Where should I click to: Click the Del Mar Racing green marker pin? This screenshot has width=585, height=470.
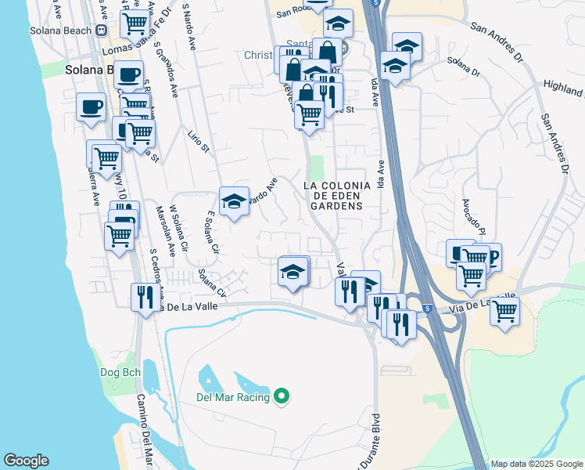(283, 397)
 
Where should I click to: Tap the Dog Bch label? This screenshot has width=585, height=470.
(120, 373)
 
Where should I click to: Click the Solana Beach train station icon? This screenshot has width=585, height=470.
(101, 31)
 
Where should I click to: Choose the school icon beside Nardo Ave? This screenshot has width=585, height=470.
(234, 201)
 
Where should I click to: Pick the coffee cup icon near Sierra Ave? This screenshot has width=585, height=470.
(91, 107)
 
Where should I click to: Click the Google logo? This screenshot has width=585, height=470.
(26, 461)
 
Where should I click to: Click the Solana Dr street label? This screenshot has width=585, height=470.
(463, 66)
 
